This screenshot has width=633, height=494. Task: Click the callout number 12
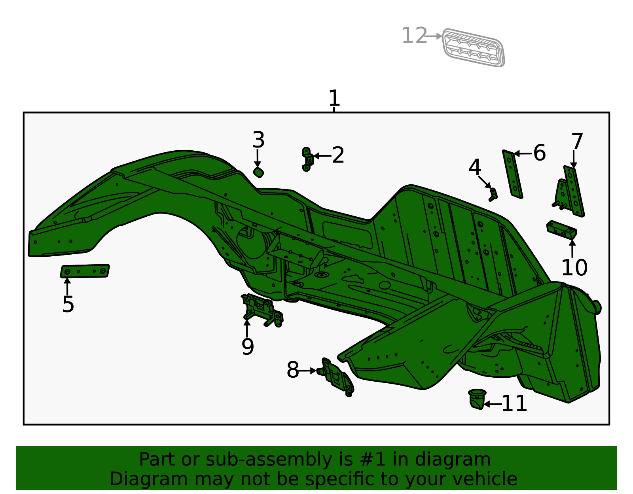tap(414, 36)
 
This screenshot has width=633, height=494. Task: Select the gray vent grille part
tap(473, 47)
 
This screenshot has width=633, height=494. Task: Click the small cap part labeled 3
tap(258, 172)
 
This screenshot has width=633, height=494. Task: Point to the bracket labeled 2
tap(307, 159)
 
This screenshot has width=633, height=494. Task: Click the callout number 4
tap(474, 167)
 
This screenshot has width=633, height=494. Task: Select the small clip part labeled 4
tap(493, 194)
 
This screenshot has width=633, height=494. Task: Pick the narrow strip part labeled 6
tap(513, 174)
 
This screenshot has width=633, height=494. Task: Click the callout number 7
tap(577, 141)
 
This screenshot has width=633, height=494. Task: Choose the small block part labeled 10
tap(561, 229)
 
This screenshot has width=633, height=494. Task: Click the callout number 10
tap(574, 268)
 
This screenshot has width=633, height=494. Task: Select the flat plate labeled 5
tap(85, 271)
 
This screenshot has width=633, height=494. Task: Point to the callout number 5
tap(68, 304)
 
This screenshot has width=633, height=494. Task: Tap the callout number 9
tap(248, 346)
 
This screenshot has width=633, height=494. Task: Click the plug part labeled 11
tap(477, 399)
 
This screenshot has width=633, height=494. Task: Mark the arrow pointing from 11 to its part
tap(493, 404)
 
